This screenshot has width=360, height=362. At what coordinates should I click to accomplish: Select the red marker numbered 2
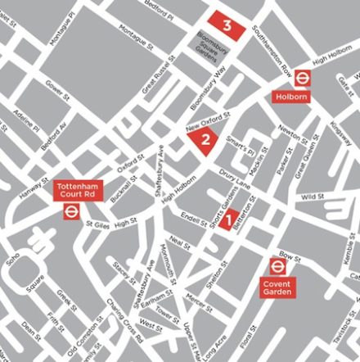[205, 140]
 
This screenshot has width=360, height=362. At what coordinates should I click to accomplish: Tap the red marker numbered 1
[228, 219]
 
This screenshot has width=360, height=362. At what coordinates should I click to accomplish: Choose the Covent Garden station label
[278, 287]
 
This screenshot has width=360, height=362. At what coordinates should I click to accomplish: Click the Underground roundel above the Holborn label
[302, 78]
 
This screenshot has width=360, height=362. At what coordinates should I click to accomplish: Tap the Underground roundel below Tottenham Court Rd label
[72, 211]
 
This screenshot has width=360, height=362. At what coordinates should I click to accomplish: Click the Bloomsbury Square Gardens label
[211, 43]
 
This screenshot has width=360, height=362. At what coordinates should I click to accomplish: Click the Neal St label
[179, 244]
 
